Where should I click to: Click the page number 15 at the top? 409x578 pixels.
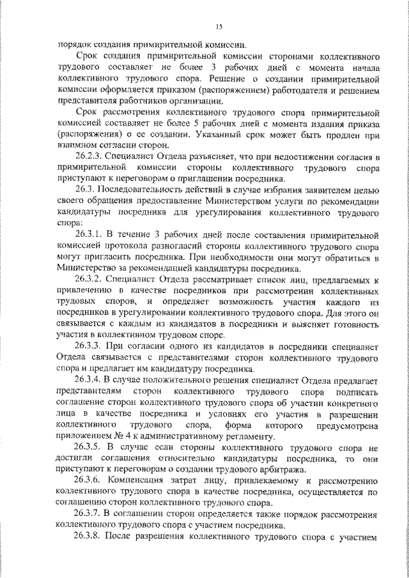click(219, 26)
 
